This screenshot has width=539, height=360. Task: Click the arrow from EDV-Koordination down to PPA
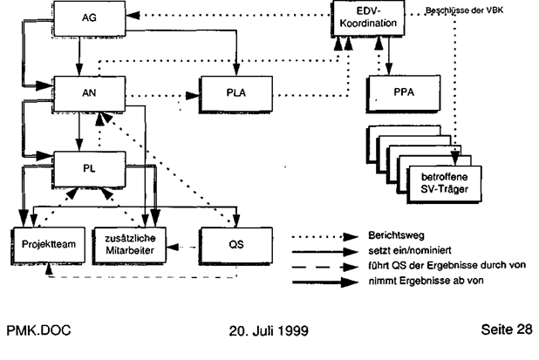point(388,56)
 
